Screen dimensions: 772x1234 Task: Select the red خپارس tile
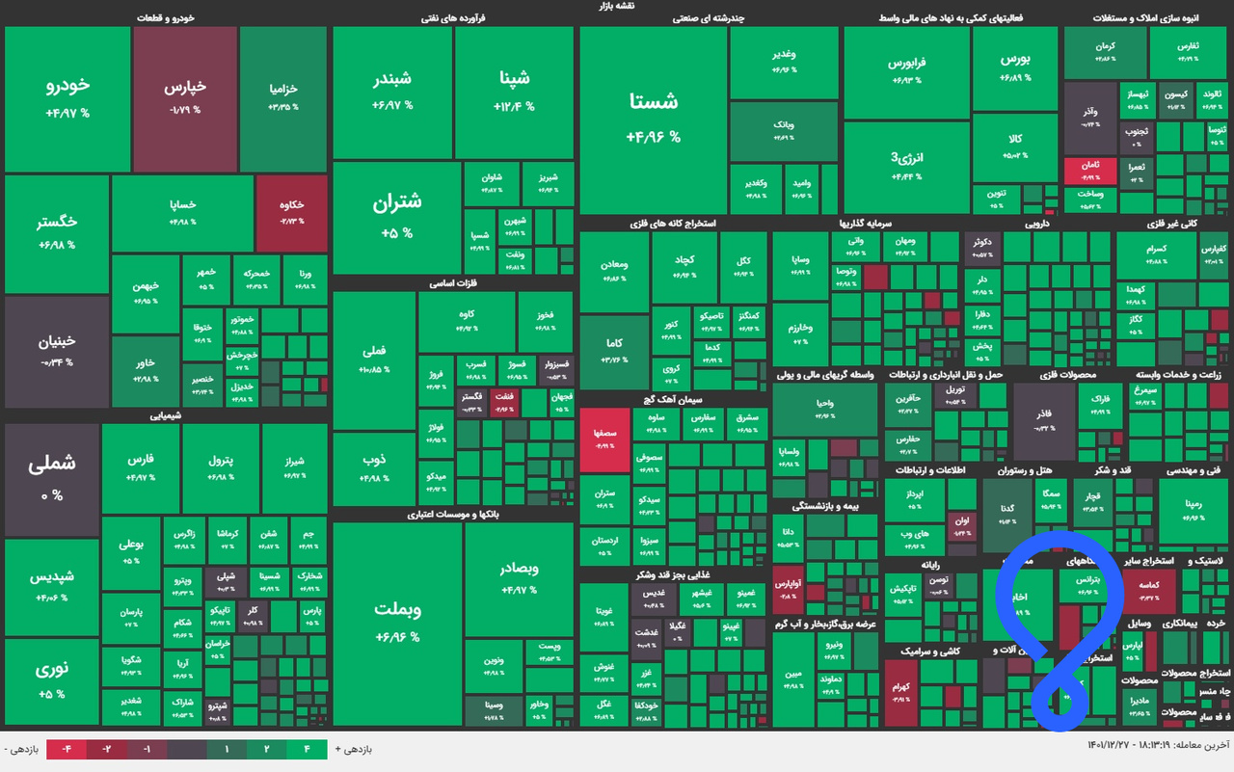click(185, 96)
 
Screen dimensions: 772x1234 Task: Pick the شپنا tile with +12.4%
click(514, 92)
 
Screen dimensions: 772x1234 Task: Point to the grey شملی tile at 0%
click(52, 478)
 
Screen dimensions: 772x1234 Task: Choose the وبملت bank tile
click(396, 621)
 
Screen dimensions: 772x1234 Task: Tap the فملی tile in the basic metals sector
click(373, 359)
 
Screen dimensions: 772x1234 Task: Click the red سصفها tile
click(604, 439)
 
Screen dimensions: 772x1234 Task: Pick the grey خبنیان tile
click(56, 350)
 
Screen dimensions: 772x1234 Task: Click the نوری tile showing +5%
click(52, 680)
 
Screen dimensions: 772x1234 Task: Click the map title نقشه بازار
click(617, 6)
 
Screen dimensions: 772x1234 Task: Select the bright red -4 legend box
click(67, 748)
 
